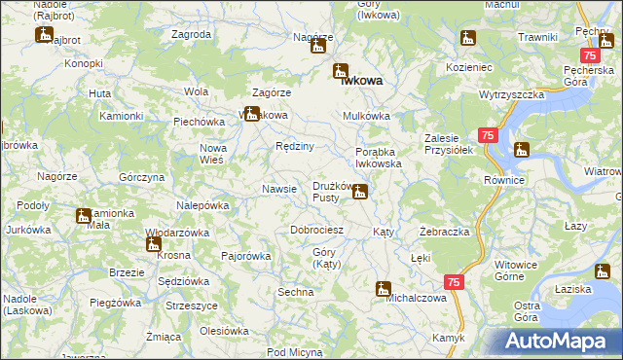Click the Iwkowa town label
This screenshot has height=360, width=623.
tap(361, 82)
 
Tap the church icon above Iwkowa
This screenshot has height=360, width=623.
tap(341, 70)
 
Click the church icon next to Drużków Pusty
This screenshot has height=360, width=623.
tap(360, 193)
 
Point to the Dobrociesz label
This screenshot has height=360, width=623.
tap(317, 231)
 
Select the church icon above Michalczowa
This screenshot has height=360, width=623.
tap(384, 288)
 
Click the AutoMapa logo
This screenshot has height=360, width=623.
tap(560, 342)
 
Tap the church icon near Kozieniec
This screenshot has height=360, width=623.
tap(468, 40)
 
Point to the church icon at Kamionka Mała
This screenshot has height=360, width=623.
tap(84, 215)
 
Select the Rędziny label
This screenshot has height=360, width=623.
tap(294, 146)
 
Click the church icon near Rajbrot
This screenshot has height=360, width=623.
tap(44, 35)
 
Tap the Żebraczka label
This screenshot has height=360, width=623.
tap(445, 233)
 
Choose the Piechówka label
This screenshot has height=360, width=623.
tap(200, 122)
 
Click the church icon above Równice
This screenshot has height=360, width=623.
tap(523, 150)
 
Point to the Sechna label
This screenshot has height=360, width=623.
tap(295, 292)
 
